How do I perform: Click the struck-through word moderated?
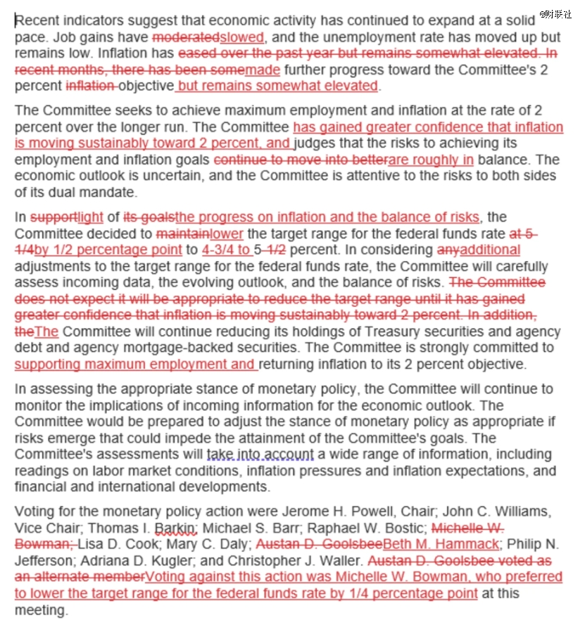pyautogui.click(x=186, y=37)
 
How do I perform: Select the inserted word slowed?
pyautogui.click(x=241, y=37)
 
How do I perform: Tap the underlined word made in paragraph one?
pyautogui.click(x=263, y=70)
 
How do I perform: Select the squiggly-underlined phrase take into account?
pyautogui.click(x=260, y=455)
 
